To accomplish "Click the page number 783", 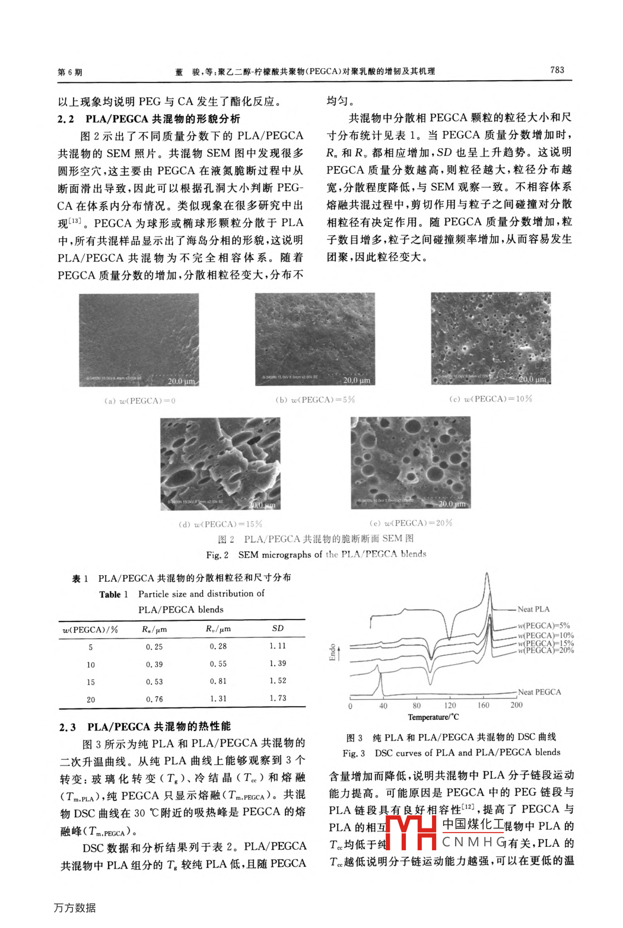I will coord(557,70).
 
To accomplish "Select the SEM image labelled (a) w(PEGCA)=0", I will coord(139,340).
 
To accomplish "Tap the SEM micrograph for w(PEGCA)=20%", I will coord(411,463).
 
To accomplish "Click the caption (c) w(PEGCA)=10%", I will coord(491,399).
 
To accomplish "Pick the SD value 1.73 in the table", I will coord(278,699).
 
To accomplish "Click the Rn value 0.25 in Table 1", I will coord(154,647).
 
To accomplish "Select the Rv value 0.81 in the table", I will coord(218,681).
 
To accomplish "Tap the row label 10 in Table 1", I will coord(91,665).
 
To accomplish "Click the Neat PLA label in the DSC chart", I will coord(533,609).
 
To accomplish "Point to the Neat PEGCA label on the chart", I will coord(539,692).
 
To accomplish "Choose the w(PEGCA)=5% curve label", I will coord(543,626).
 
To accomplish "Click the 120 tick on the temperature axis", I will coord(450,706).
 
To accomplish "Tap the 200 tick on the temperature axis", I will coord(517,706).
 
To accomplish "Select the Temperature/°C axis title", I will coord(434,717).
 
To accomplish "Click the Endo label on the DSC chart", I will coord(333,652).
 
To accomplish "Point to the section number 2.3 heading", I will coord(68,727).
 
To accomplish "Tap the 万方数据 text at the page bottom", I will coord(75,908).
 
